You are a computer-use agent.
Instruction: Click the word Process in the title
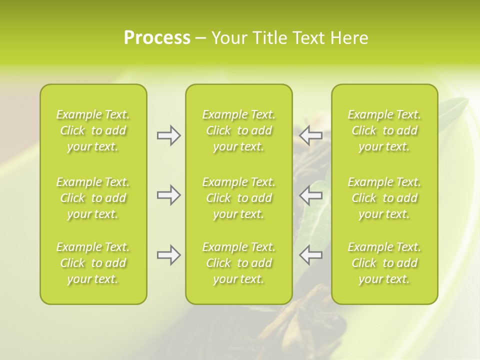(x=157, y=38)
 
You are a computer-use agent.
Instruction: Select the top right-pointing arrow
(x=168, y=135)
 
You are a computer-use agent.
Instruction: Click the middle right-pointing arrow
(x=168, y=195)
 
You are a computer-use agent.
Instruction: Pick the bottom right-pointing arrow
(x=168, y=255)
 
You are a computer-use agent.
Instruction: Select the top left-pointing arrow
(x=310, y=135)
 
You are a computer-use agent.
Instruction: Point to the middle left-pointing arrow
(x=310, y=195)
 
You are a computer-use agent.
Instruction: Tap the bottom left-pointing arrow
(x=310, y=255)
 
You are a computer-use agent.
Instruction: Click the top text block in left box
(x=93, y=130)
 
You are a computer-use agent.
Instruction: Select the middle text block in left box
(x=93, y=198)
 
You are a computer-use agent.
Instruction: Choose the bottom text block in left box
(x=93, y=263)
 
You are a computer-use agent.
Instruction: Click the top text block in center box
(x=239, y=130)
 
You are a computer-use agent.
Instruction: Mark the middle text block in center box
(x=239, y=198)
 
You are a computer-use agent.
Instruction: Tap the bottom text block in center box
(x=239, y=263)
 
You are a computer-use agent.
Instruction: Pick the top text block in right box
(x=384, y=130)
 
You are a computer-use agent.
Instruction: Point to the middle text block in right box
(x=384, y=198)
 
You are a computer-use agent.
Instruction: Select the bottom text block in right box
(x=384, y=263)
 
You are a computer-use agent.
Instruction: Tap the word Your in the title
(x=228, y=38)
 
